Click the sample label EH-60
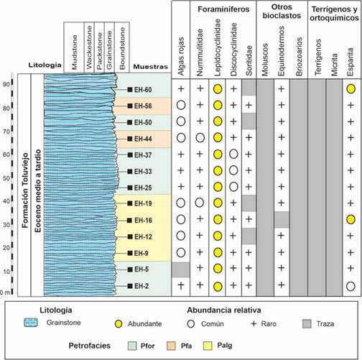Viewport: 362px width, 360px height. pyautogui.click(x=143, y=90)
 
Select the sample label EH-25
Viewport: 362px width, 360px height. pyautogui.click(x=143, y=188)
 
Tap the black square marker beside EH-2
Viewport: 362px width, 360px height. pyautogui.click(x=130, y=286)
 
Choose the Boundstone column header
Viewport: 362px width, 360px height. pyautogui.click(x=122, y=48)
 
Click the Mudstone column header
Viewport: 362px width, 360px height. pyautogui.click(x=75, y=52)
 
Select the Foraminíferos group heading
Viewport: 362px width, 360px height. pyautogui.click(x=223, y=9)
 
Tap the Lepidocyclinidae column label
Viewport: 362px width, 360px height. pyautogui.click(x=218, y=47)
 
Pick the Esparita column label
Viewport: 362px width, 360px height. pyautogui.click(x=351, y=62)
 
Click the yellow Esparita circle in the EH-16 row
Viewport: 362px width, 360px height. pyautogui.click(x=351, y=219)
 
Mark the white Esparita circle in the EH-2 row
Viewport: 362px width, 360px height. pyautogui.click(x=351, y=286)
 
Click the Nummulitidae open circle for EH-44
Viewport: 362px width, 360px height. pyautogui.click(x=200, y=138)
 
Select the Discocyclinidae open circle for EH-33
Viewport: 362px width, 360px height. pyautogui.click(x=233, y=170)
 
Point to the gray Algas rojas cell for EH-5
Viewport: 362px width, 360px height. pyautogui.click(x=181, y=269)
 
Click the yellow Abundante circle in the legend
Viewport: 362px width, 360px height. pyautogui.click(x=119, y=324)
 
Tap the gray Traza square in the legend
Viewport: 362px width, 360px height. pyautogui.click(x=307, y=324)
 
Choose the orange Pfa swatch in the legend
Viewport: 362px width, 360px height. pyautogui.click(x=171, y=346)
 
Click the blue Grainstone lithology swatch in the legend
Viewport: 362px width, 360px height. pyautogui.click(x=31, y=323)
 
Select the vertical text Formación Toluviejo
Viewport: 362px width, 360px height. pyautogui.click(x=25, y=190)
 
